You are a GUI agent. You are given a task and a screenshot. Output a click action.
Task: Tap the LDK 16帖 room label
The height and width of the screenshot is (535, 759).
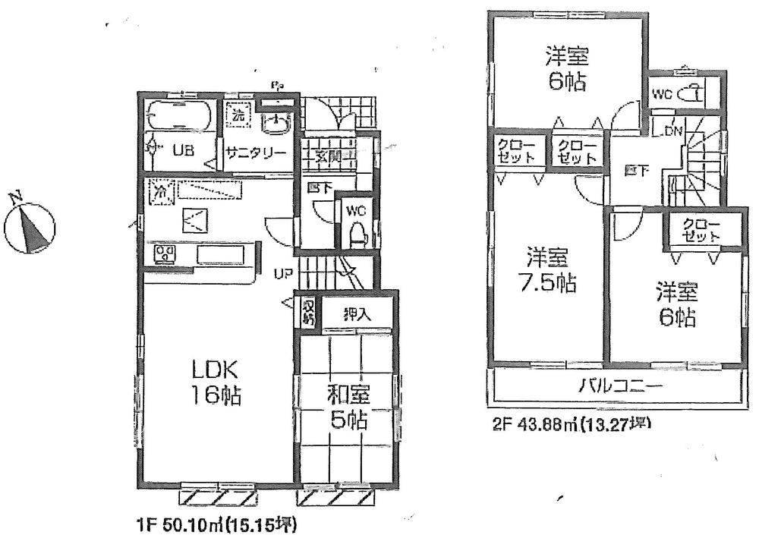(x=216, y=382)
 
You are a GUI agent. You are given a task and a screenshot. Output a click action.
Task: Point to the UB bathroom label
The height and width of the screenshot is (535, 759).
(x=182, y=150)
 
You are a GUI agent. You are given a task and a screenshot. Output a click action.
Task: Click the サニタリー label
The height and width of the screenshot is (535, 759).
(x=256, y=152)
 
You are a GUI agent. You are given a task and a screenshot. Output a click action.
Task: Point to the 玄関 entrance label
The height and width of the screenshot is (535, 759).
(x=327, y=157)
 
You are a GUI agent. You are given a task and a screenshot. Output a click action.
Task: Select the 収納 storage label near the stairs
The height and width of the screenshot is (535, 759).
(x=308, y=311)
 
